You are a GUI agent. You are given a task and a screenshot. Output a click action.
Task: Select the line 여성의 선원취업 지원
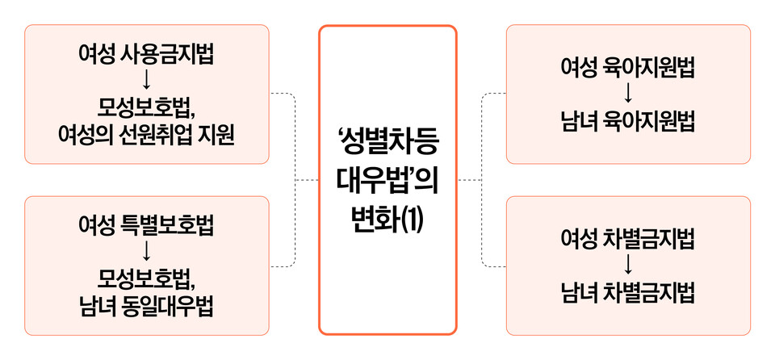146,133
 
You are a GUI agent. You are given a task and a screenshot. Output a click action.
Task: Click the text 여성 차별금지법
628,240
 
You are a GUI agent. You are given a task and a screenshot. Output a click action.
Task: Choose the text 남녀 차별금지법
628,293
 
